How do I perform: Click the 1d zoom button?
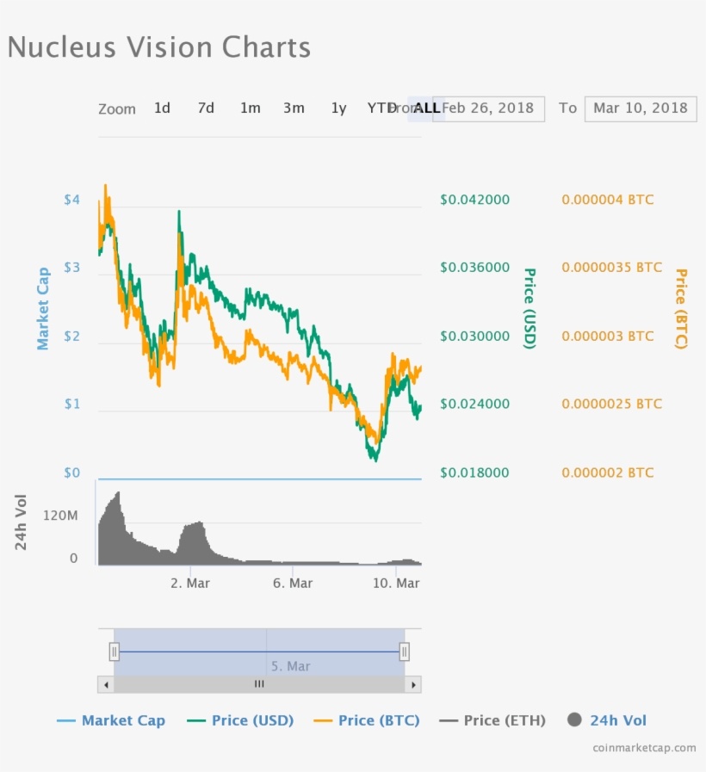coord(162,108)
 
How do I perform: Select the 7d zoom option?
coord(206,108)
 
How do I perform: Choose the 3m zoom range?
coord(294,108)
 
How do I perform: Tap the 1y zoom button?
coord(338,108)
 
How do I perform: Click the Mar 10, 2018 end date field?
coord(640,108)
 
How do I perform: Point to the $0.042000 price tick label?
coord(474,200)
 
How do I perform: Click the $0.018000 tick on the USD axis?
coord(474,472)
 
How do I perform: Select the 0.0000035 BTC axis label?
coord(611,268)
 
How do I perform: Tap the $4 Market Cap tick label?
coord(71,200)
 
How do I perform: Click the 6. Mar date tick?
coord(292,584)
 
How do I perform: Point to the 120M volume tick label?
coord(60,516)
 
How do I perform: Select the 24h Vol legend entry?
coord(607,720)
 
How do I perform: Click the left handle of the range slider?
coord(114,652)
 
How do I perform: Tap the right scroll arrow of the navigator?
coord(413,684)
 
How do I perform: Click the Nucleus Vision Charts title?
coord(159,46)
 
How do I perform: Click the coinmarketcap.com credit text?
coord(644,748)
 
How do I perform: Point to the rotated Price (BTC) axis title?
coord(681,309)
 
